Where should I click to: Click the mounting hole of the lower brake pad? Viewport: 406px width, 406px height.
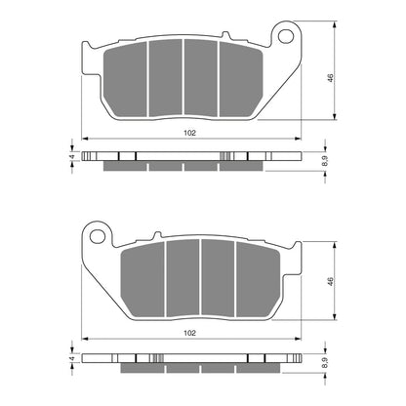[x=96, y=233]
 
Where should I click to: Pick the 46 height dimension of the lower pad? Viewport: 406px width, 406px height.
[x=329, y=280]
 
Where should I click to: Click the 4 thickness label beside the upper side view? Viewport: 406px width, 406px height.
[x=71, y=157]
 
